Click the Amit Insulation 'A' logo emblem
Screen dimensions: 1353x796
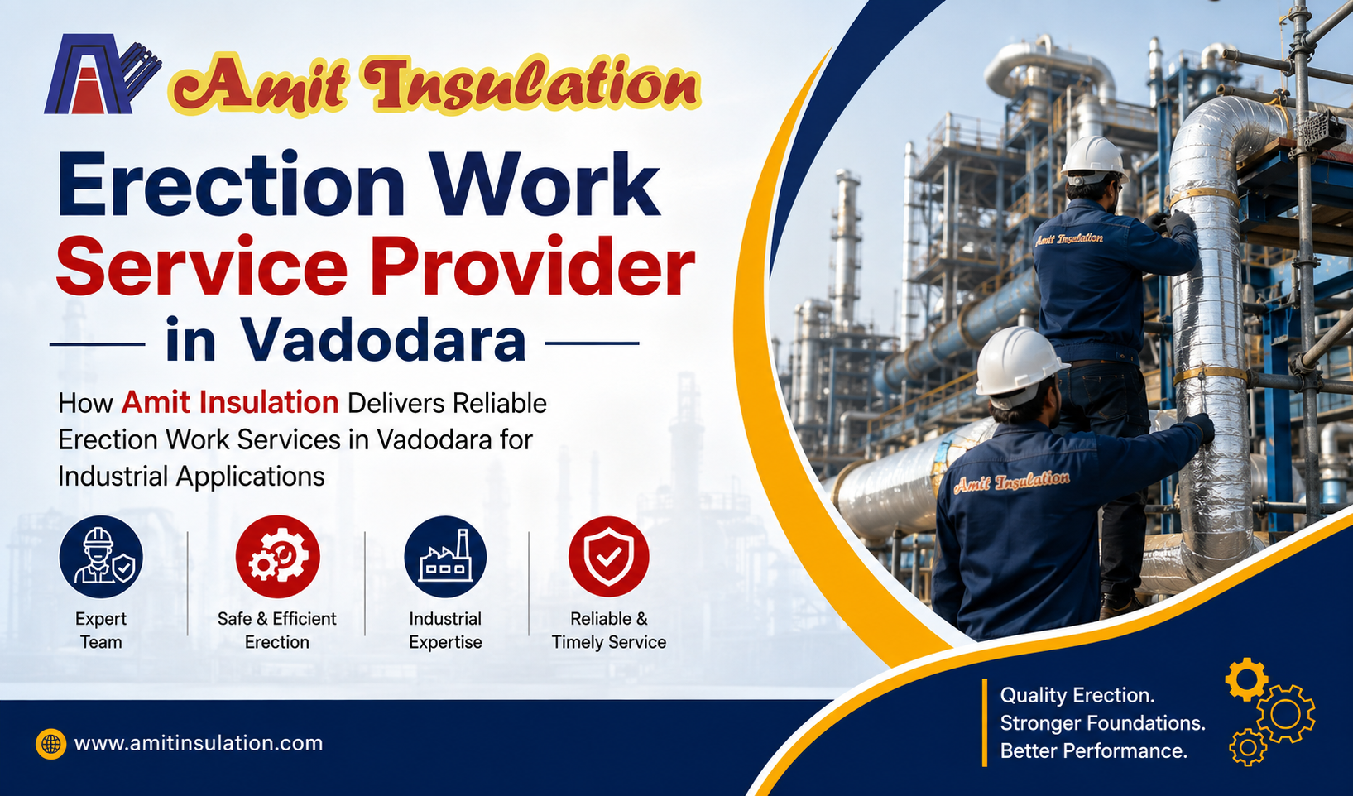(103, 74)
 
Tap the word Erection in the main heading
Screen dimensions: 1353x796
(230, 185)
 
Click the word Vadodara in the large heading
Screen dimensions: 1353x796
(383, 339)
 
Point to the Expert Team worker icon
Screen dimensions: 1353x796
(101, 556)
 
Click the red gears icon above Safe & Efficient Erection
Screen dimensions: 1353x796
(277, 556)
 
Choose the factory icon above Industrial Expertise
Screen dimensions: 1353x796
(445, 556)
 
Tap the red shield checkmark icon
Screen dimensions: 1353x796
(609, 556)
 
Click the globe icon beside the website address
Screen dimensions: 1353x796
(50, 743)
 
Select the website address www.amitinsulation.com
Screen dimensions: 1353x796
(198, 743)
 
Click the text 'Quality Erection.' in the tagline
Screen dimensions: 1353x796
(1077, 695)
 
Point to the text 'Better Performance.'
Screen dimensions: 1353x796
(1093, 751)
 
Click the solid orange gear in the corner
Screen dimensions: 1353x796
(1247, 679)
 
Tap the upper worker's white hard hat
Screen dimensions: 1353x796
(1094, 158)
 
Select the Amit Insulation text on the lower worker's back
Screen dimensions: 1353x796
(1011, 482)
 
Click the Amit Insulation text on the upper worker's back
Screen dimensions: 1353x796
(1069, 239)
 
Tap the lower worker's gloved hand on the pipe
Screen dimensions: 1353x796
(1200, 427)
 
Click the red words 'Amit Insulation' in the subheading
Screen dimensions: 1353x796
(229, 403)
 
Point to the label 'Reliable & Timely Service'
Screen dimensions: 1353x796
(609, 630)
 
